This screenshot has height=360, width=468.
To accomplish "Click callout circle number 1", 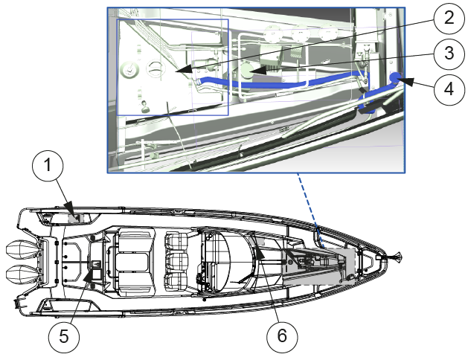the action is [x=48, y=165].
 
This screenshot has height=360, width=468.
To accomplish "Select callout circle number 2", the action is [x=449, y=18].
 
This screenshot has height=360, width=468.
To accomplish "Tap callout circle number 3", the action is [x=449, y=54].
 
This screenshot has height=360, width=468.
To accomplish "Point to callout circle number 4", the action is [x=449, y=89].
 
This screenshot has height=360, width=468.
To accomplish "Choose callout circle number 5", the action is [x=64, y=337].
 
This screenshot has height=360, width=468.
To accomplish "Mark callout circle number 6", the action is [x=282, y=336].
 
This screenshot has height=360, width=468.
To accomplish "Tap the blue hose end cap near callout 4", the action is [x=395, y=77].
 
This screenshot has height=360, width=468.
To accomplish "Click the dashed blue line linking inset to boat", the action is [x=311, y=210].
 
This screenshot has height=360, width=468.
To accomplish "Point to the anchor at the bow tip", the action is [x=394, y=256].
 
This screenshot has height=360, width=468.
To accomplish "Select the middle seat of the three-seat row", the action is [x=176, y=263].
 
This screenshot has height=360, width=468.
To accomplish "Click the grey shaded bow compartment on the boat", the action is [x=318, y=266].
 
